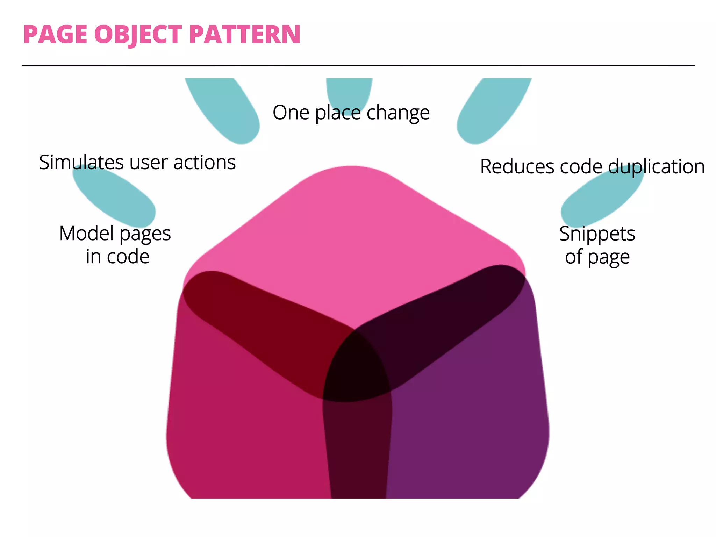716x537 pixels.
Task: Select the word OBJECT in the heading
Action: tap(138, 35)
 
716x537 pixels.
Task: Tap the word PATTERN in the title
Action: tap(245, 35)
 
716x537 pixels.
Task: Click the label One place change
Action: tap(351, 113)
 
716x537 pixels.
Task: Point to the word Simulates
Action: tap(81, 163)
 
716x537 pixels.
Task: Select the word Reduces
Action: tap(517, 166)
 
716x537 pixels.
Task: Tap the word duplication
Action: tap(656, 166)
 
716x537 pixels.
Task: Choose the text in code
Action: tap(118, 257)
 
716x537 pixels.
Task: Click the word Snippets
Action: tap(597, 234)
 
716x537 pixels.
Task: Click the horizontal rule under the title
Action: tap(358, 65)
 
